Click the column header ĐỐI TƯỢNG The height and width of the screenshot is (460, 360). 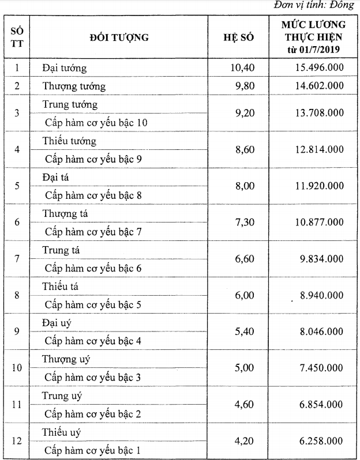click(x=119, y=38)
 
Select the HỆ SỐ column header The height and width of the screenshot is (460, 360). click(x=238, y=38)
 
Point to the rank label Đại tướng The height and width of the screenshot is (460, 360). click(x=64, y=68)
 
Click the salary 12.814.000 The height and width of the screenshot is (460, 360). click(x=317, y=149)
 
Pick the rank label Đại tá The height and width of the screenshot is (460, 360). click(x=56, y=177)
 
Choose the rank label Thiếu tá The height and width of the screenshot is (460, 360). click(x=61, y=286)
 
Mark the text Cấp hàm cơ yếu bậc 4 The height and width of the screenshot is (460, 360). click(x=93, y=341)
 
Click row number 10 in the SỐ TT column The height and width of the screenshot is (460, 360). click(x=17, y=368)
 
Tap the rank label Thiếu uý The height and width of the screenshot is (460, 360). click(x=62, y=432)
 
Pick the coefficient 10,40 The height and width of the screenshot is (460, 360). click(x=241, y=68)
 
